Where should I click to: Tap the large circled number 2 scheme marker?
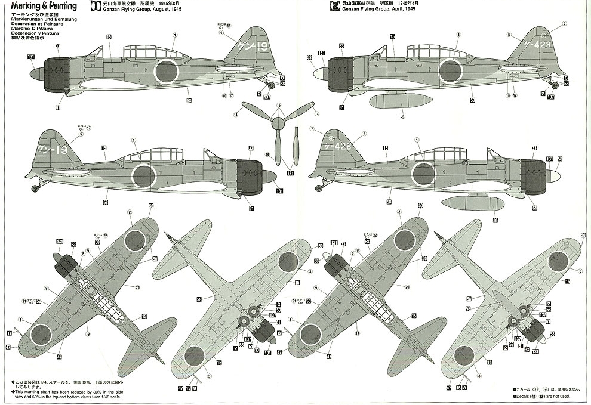336,7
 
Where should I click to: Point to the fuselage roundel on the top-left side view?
167,71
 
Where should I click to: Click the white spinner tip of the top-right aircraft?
318,73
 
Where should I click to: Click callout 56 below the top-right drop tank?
403,117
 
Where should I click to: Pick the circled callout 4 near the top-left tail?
221,33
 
